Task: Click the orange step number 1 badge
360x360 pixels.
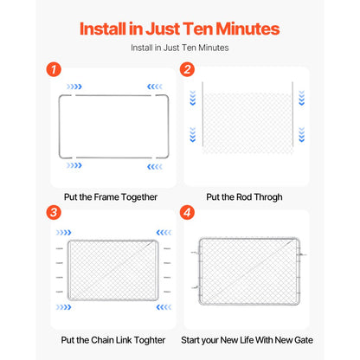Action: click(x=54, y=69)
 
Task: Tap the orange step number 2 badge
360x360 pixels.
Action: click(x=187, y=69)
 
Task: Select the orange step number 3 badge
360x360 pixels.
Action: click(x=54, y=213)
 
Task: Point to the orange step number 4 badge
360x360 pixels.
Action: click(x=187, y=213)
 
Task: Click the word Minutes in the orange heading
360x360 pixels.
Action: click(x=247, y=29)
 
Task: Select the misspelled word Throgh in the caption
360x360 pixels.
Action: click(x=268, y=197)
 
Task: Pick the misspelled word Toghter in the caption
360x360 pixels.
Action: click(x=150, y=340)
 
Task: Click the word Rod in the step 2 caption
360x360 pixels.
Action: click(x=244, y=197)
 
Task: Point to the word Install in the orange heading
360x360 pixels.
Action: click(x=103, y=29)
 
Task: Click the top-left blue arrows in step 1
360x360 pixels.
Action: click(x=74, y=87)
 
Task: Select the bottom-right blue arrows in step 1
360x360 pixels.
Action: click(x=155, y=167)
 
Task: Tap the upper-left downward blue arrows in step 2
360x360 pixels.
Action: click(x=193, y=98)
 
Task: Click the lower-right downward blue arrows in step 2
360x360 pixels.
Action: click(x=302, y=135)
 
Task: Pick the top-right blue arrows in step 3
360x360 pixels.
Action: click(x=164, y=233)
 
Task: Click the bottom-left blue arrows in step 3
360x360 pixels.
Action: click(x=64, y=307)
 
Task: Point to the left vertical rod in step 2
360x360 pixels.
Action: click(x=202, y=114)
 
